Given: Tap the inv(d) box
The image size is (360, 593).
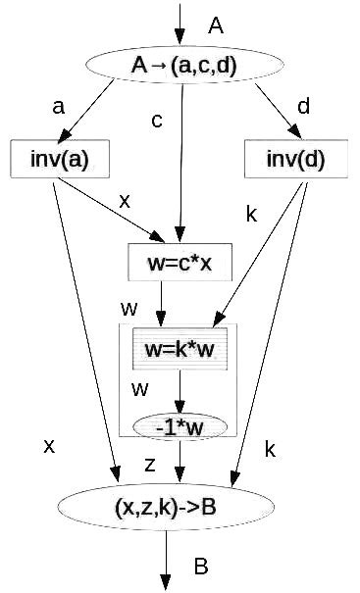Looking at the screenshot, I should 294,161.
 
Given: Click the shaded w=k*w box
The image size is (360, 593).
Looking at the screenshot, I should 180,349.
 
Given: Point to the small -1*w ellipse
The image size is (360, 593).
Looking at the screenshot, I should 179,426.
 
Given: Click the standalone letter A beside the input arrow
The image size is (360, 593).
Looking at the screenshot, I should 217,26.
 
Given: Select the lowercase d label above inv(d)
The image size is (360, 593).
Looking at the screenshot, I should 304,106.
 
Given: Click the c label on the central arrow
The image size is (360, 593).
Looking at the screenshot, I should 156,122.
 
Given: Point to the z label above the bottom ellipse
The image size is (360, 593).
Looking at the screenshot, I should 150,466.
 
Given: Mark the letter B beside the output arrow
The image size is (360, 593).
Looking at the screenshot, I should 200,567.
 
